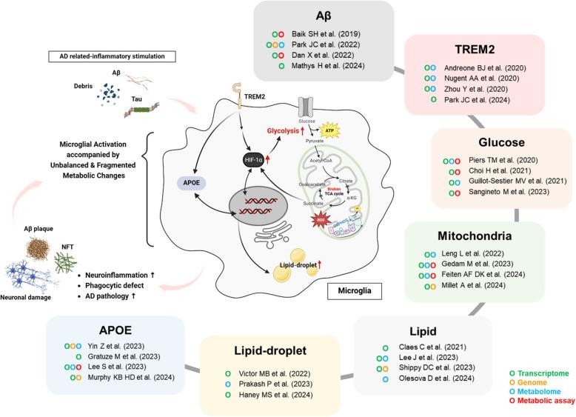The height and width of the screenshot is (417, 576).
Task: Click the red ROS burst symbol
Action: coord(322,222)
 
